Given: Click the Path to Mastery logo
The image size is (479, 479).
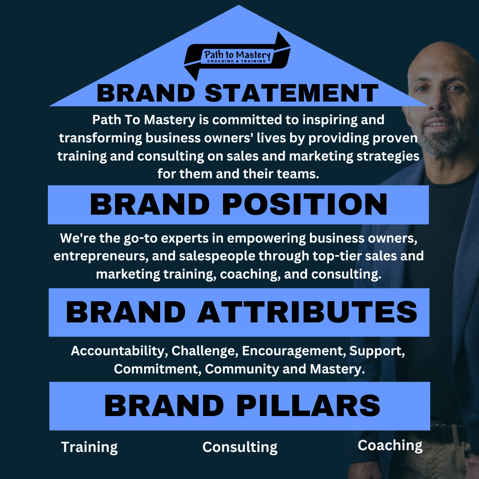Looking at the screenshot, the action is (237, 56).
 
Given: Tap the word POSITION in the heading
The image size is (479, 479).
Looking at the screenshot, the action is (305, 204).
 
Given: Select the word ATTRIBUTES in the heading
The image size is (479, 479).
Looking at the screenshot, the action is (307, 312).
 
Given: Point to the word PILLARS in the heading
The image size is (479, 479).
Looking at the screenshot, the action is (308, 405).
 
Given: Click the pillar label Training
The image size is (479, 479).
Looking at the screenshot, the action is (89, 447).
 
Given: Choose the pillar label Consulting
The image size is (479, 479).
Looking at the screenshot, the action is (240, 447).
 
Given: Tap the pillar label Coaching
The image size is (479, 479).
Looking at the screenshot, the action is (390, 445).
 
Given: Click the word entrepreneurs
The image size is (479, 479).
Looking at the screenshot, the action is (101, 256).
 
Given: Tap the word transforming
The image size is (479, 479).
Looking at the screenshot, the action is (101, 138).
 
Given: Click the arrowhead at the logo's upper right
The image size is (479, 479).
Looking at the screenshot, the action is (282, 41).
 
